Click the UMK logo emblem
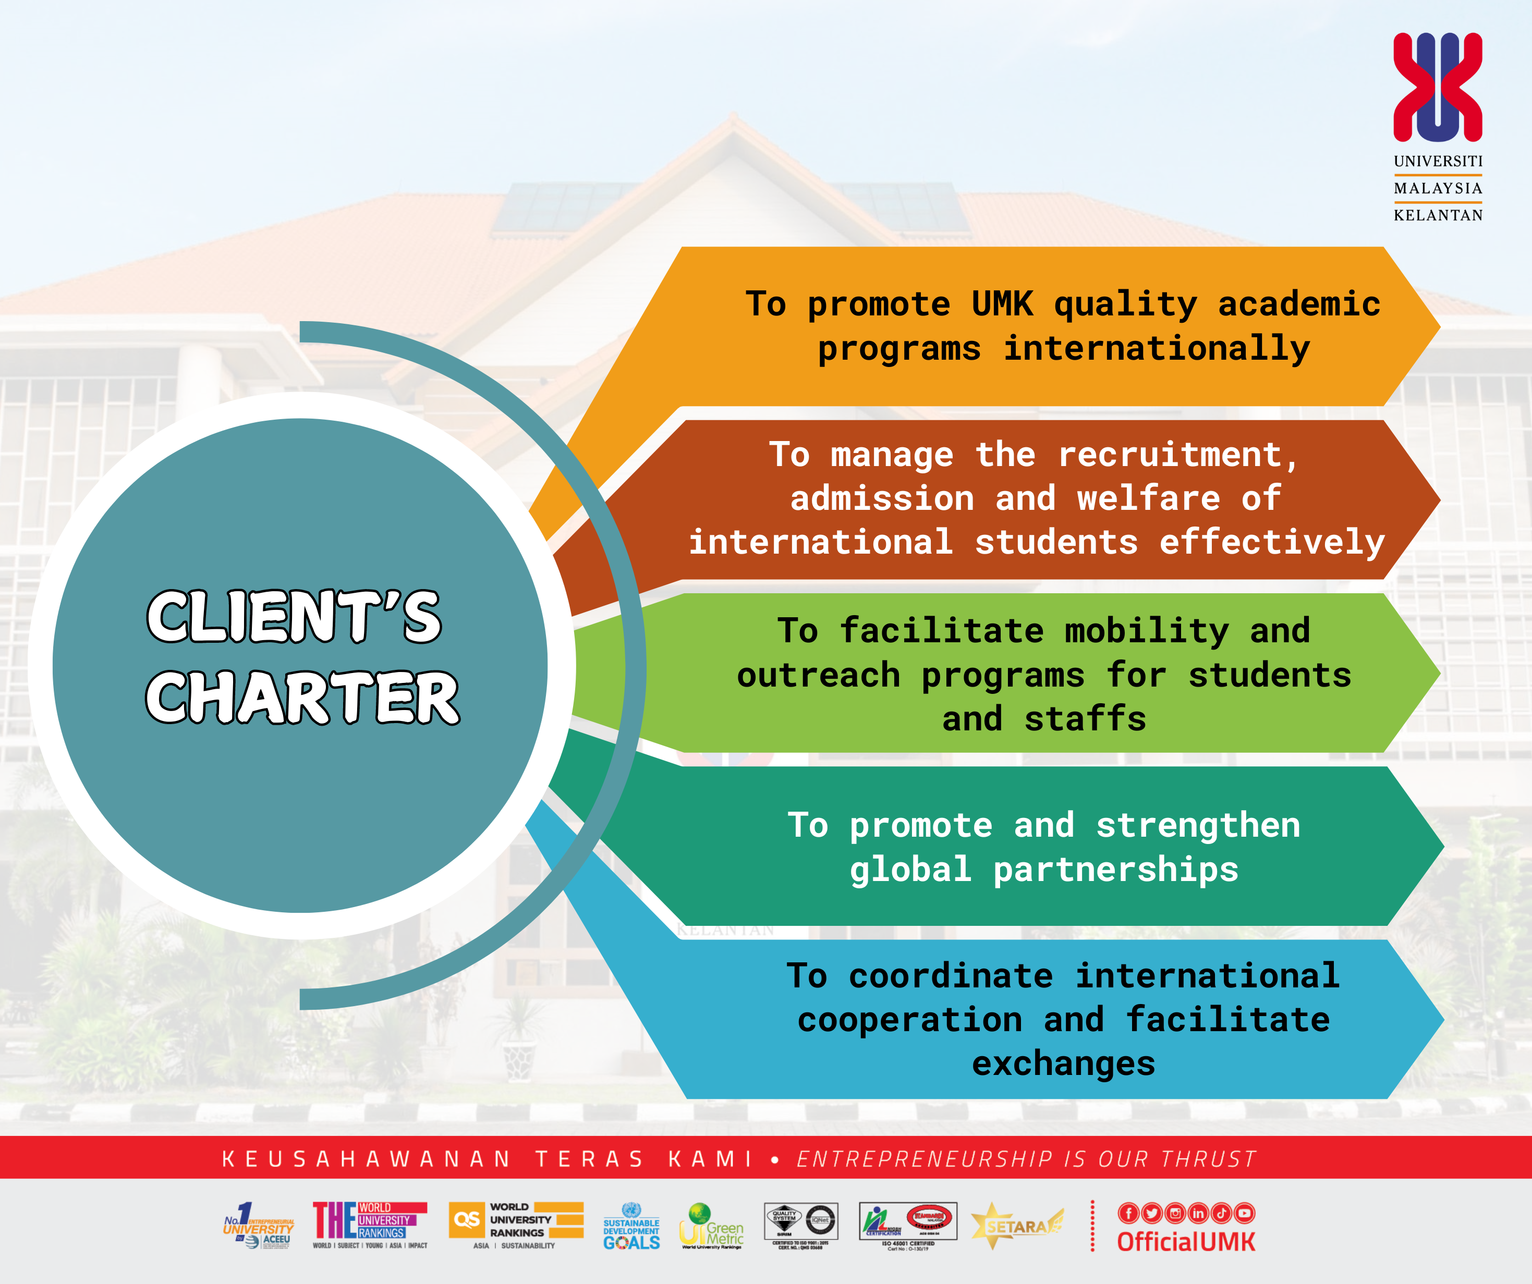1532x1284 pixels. click(x=1437, y=87)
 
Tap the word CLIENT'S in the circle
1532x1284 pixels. click(x=294, y=617)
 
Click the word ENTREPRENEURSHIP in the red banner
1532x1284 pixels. click(x=925, y=1159)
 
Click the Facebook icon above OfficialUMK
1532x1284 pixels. click(x=1128, y=1213)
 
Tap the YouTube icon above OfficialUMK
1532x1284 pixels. click(x=1245, y=1213)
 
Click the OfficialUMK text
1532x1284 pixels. click(x=1186, y=1242)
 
